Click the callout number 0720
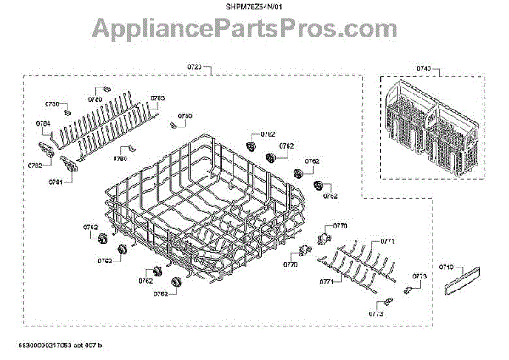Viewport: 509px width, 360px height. (197, 66)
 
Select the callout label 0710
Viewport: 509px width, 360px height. (446, 267)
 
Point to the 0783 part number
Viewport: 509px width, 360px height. (157, 98)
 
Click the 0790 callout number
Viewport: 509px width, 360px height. (185, 115)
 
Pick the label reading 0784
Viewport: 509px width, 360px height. (44, 123)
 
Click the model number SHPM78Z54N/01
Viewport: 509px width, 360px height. (255, 8)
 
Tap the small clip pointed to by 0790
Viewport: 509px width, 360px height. (175, 126)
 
